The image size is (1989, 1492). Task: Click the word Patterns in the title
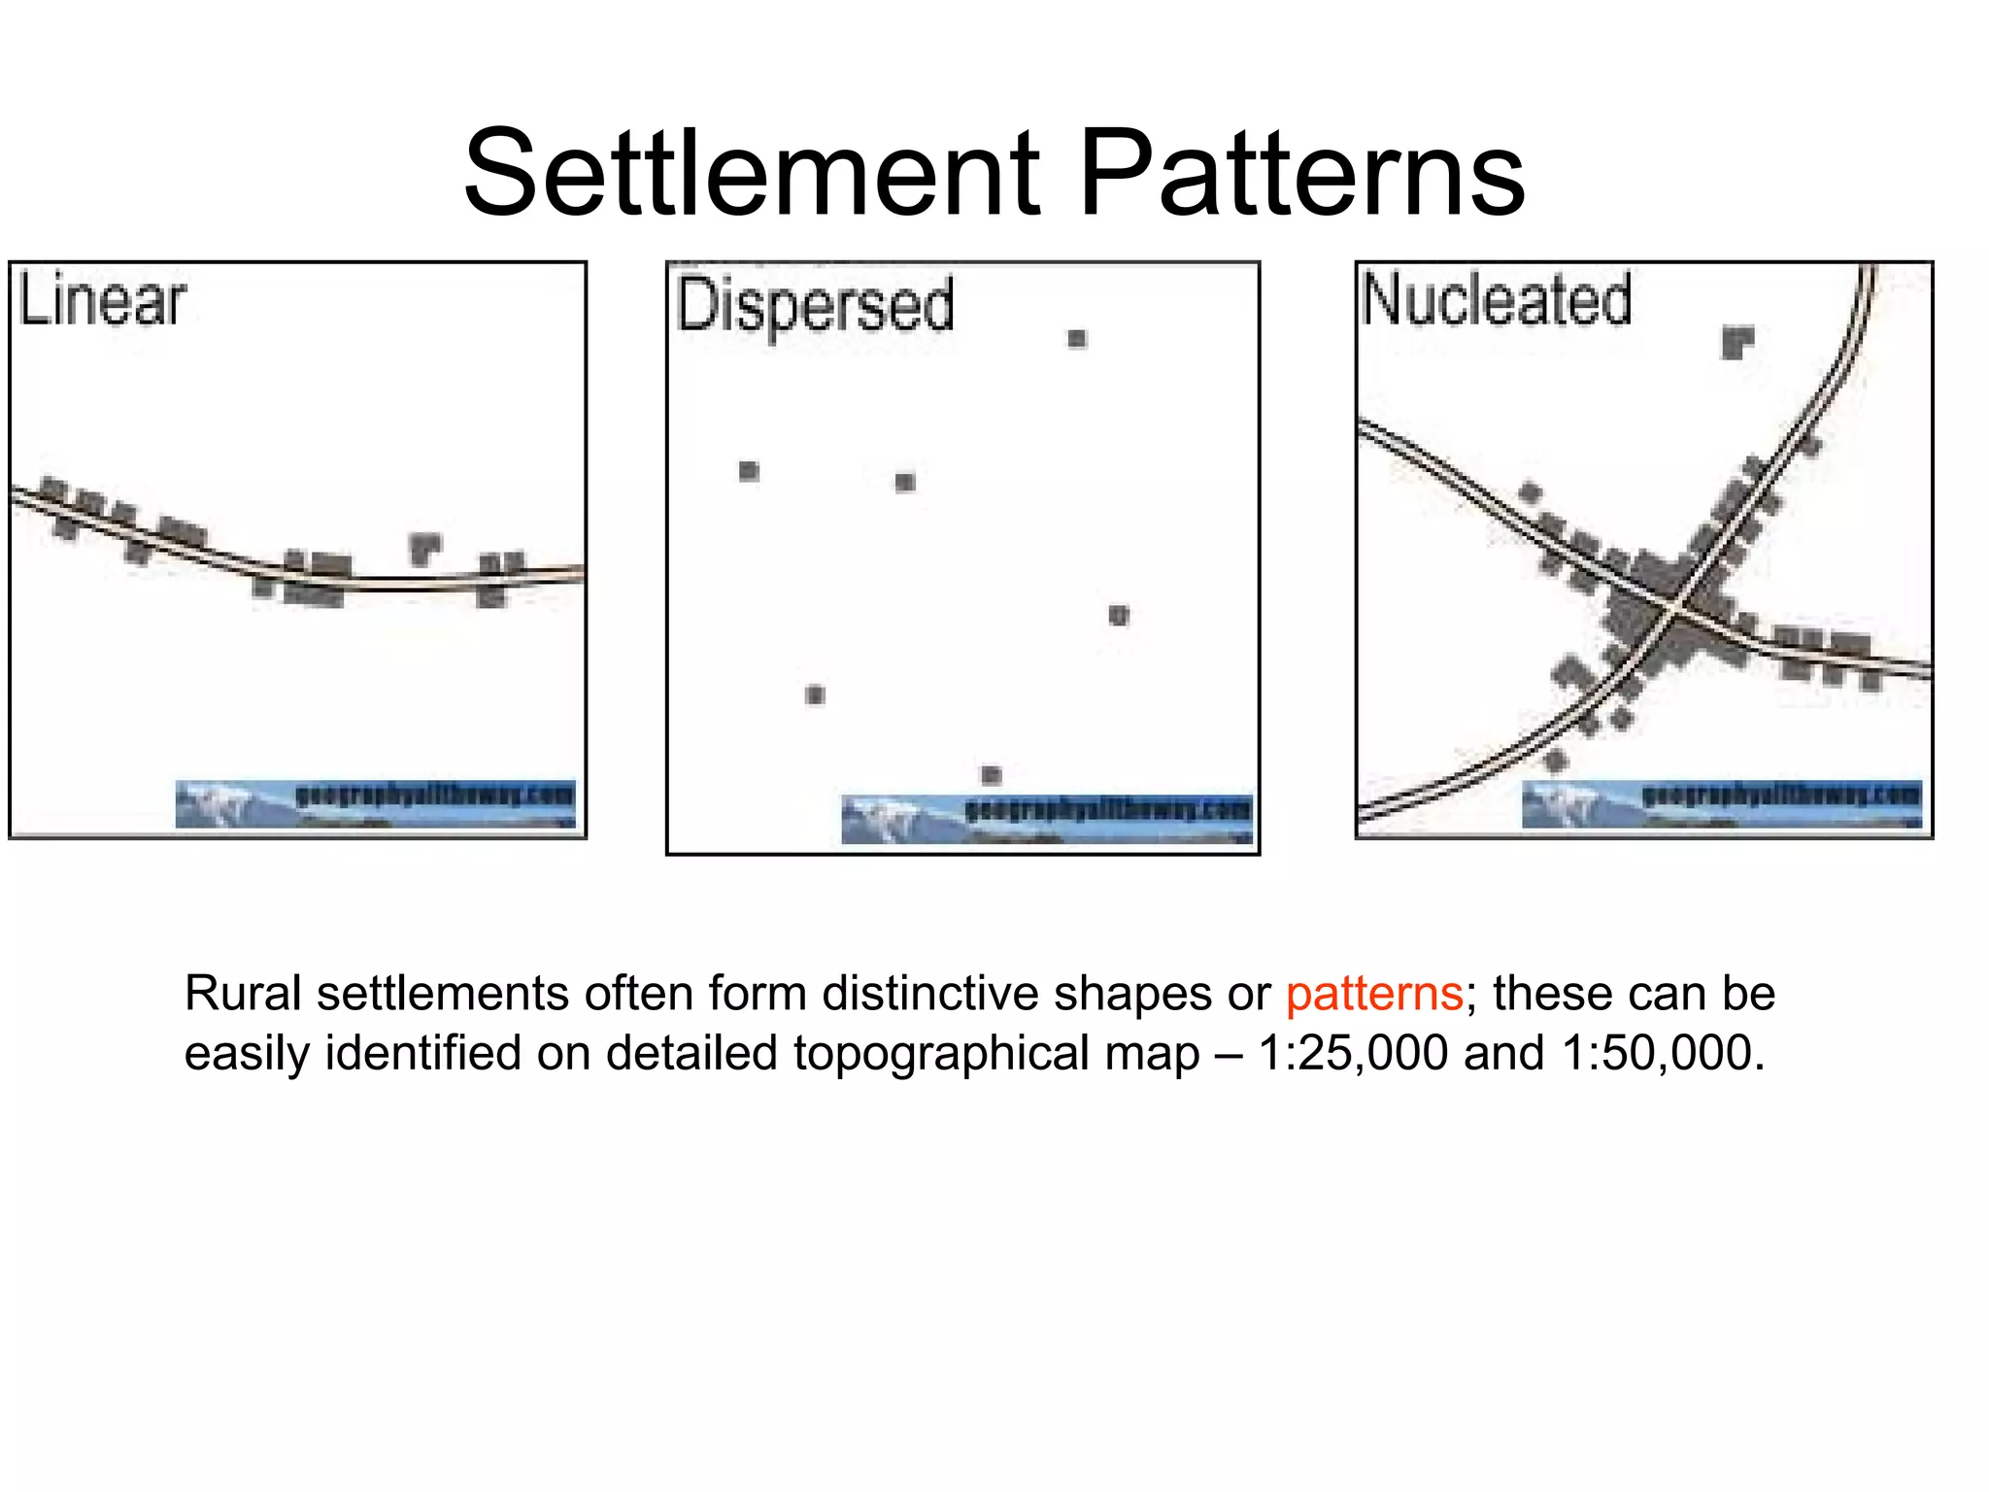[1301, 175]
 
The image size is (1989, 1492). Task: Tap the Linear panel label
[102, 301]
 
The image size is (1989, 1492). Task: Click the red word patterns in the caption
[1374, 994]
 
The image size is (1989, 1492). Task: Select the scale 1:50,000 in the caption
[1663, 1053]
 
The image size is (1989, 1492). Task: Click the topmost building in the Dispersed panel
[1076, 338]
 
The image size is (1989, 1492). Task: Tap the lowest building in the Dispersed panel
[991, 774]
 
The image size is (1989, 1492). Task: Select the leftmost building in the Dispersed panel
[748, 471]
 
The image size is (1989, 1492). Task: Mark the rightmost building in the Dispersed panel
[1119, 615]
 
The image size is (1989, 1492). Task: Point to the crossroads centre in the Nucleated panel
[1676, 604]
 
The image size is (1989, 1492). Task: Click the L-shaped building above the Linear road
[423, 548]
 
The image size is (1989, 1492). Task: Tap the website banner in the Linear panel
[376, 803]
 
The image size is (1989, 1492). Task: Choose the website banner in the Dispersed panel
[1047, 819]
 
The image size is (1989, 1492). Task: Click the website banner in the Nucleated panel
[1721, 803]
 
